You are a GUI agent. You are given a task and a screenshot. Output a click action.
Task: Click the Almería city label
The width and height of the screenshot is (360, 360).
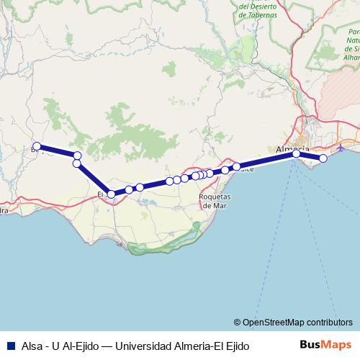[x=292, y=148]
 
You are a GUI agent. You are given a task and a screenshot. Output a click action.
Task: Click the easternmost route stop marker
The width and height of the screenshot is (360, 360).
[x=323, y=158]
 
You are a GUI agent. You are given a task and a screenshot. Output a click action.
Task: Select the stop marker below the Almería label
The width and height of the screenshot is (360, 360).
[x=296, y=153]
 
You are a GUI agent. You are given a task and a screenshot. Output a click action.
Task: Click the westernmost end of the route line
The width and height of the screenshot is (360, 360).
[x=35, y=148]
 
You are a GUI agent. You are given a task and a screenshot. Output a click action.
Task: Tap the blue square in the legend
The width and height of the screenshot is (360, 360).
[x=10, y=346]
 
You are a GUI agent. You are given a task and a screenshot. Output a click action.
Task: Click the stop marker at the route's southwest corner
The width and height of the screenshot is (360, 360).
[x=111, y=194]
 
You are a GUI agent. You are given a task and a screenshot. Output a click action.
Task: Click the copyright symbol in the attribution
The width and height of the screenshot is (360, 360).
[x=238, y=323]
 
